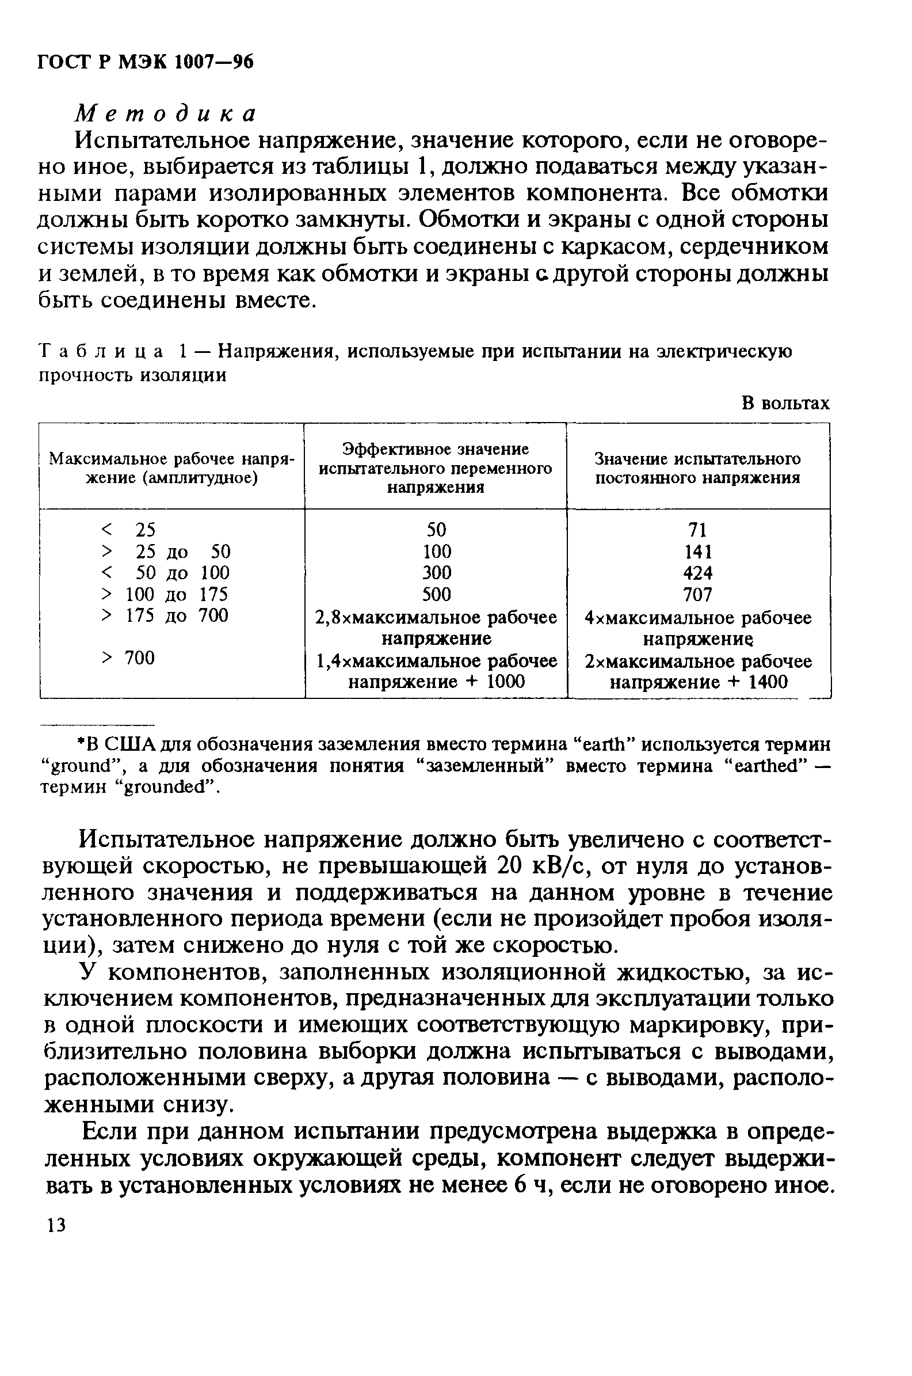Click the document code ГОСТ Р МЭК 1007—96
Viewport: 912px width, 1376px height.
pyautogui.click(x=146, y=62)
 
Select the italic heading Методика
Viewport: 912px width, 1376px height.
pyautogui.click(x=166, y=113)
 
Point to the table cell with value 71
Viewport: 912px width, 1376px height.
pyautogui.click(x=697, y=530)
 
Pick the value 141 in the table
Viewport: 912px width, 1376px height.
pyautogui.click(x=697, y=551)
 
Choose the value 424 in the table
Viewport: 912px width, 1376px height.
pyautogui.click(x=697, y=573)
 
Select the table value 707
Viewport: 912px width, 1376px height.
pyautogui.click(x=697, y=595)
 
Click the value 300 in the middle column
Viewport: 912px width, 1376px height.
pyautogui.click(x=436, y=572)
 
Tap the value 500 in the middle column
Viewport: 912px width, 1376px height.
pyautogui.click(x=436, y=594)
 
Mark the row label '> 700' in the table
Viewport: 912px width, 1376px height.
pyautogui.click(x=128, y=658)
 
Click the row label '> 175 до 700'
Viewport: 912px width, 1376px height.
pyautogui.click(x=165, y=615)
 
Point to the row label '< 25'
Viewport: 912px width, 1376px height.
pyautogui.click(x=128, y=530)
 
